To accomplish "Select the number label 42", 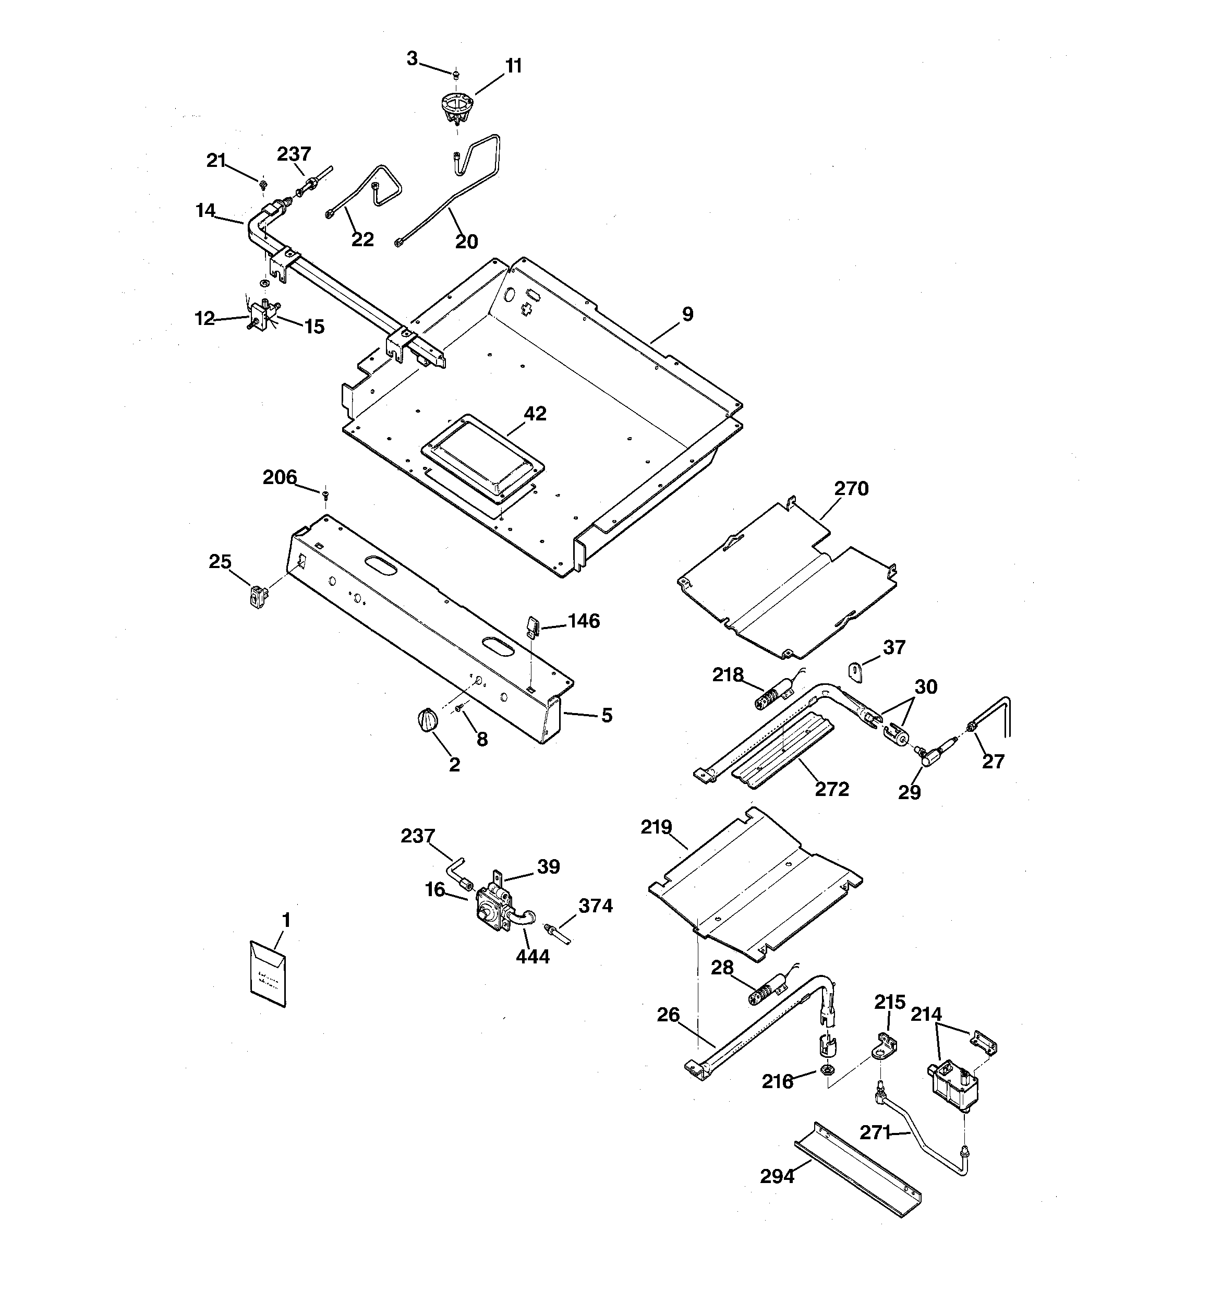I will pyautogui.click(x=535, y=414).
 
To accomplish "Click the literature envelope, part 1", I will pyautogui.click(x=268, y=973).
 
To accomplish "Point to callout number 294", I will pyautogui.click(x=777, y=1176).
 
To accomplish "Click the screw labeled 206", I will pyautogui.click(x=326, y=496).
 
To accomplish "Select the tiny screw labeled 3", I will pyautogui.click(x=456, y=76).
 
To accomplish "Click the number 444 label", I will pyautogui.click(x=533, y=957).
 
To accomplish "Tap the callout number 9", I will pyautogui.click(x=687, y=315).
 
